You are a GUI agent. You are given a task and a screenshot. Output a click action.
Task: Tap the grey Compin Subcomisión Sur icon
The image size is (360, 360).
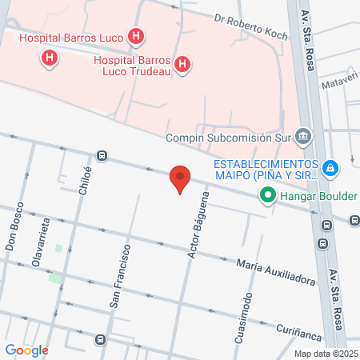point(302,136)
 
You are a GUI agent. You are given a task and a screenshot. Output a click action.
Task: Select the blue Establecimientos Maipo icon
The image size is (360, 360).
point(332,168)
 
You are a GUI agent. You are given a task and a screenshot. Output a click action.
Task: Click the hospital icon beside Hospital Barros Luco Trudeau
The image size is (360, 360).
point(183,63)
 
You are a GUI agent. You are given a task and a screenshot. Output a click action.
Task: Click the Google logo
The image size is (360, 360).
point(26,350)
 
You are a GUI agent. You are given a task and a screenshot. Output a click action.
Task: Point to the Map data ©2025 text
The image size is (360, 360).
point(325,354)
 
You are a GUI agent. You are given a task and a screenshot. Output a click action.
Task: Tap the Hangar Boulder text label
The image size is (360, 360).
point(314,194)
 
